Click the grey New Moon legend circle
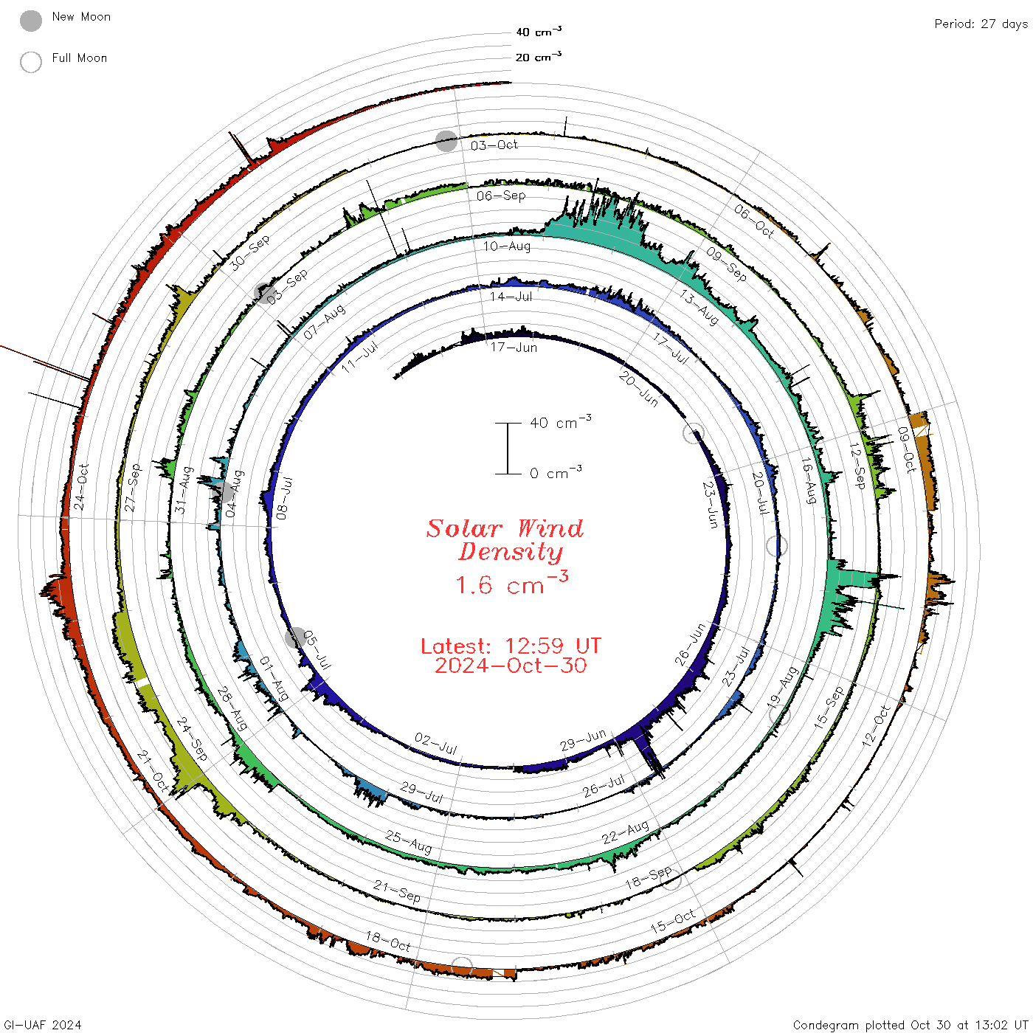(x=30, y=21)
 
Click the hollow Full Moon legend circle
(x=30, y=62)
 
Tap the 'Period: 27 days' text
(x=981, y=24)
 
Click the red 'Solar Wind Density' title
(x=505, y=540)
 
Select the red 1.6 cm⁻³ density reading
(x=511, y=583)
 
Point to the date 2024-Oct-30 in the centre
(x=511, y=666)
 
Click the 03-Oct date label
(x=494, y=145)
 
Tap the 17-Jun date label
(x=513, y=348)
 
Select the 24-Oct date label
(x=81, y=487)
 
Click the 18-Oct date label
(x=388, y=942)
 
